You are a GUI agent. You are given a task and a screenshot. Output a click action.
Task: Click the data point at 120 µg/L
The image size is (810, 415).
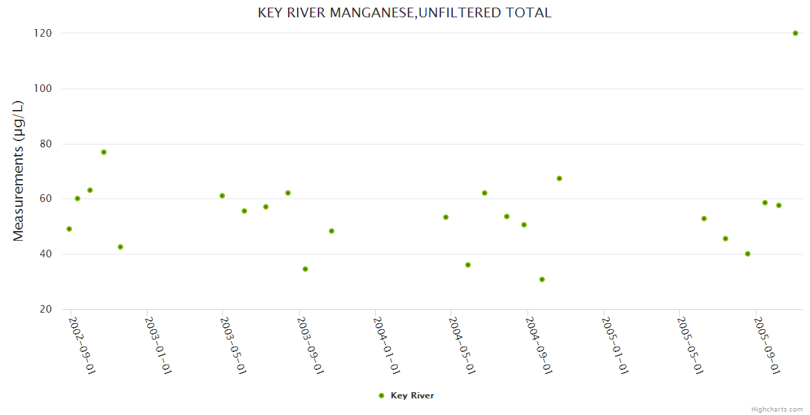coord(795,33)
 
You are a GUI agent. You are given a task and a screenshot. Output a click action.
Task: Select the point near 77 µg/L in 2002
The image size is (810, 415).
coord(104,152)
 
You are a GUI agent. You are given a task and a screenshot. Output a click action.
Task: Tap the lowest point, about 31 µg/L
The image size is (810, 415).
coord(542,279)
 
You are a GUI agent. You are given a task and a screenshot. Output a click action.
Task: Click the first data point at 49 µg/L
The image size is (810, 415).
coord(69,229)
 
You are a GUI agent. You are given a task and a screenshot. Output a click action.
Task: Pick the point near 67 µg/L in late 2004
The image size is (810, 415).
coord(559,178)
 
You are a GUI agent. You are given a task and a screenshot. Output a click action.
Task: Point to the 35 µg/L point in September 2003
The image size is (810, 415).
coord(305,269)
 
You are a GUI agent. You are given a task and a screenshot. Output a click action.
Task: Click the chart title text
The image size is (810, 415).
coord(404,13)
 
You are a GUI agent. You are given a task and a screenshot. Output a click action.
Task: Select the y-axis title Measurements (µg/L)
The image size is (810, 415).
coord(19,171)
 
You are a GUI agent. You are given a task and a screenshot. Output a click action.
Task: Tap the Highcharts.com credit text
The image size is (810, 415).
coord(777,409)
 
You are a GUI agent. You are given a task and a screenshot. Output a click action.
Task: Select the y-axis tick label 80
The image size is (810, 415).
coord(46,144)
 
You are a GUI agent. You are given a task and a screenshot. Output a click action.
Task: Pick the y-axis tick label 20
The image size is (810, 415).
coord(46,309)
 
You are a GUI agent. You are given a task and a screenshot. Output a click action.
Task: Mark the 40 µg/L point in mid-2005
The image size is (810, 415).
coord(748,254)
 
